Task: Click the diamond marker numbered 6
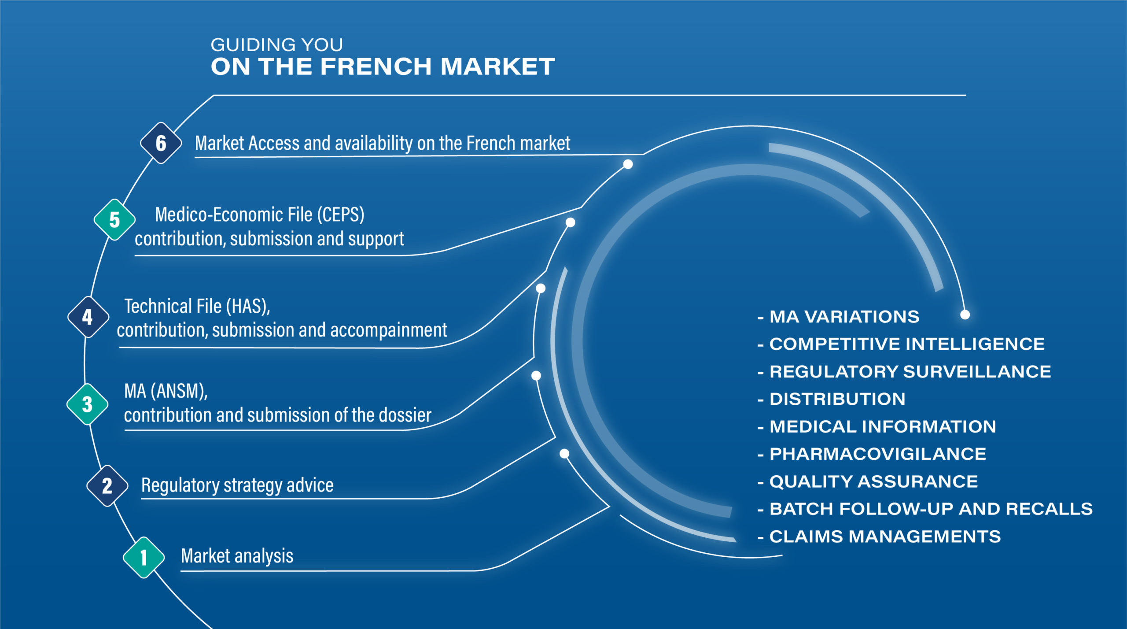(161, 143)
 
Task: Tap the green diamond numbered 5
(114, 220)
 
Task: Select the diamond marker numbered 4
(88, 317)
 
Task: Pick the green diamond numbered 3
(87, 404)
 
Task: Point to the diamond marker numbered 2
(107, 486)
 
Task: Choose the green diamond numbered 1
(144, 558)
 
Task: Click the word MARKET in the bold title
(497, 67)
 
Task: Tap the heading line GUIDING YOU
(276, 45)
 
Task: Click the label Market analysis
(237, 556)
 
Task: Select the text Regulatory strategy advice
(237, 485)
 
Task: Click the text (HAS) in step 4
(248, 307)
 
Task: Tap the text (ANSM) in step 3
(179, 391)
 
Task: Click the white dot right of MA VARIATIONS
(965, 314)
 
